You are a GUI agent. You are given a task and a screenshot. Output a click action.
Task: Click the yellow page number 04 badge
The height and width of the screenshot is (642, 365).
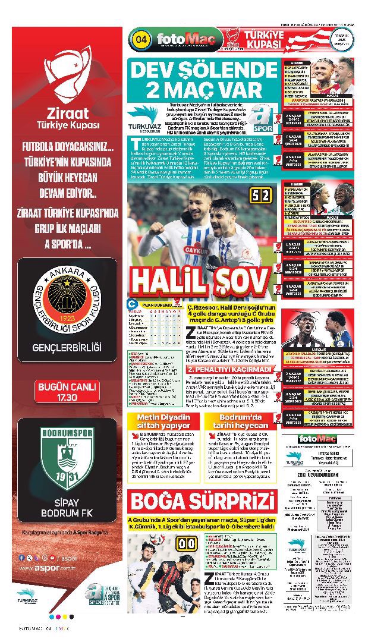tap(141, 39)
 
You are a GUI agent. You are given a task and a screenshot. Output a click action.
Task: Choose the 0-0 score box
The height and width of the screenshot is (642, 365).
tap(184, 543)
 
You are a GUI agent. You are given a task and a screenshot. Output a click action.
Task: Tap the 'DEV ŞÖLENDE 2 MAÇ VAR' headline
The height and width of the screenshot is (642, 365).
tap(203, 81)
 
